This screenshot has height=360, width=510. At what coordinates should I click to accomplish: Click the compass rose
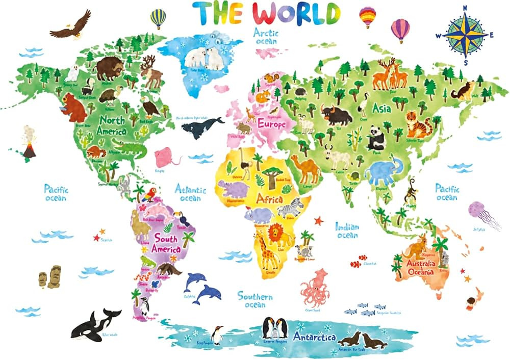(465, 35)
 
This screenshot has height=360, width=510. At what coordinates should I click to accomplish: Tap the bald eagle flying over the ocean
(71, 27)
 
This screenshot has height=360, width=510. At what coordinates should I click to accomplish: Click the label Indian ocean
(347, 230)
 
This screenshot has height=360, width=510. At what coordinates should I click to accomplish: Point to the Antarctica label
(314, 338)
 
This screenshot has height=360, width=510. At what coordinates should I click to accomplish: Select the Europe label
(272, 123)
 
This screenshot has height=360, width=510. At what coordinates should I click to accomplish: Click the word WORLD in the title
(296, 13)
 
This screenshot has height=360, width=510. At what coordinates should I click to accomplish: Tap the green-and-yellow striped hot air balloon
(158, 18)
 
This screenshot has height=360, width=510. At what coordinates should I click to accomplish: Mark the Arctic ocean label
(266, 36)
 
